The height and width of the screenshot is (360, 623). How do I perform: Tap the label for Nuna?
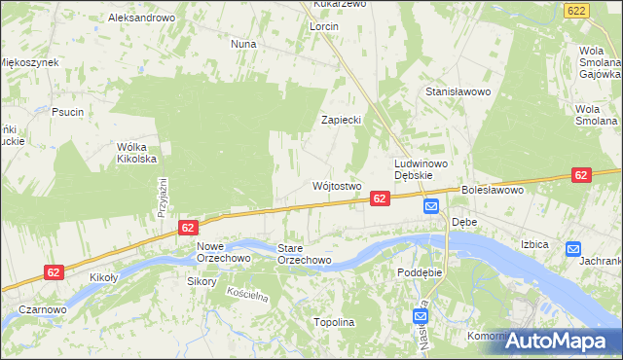point(242,44)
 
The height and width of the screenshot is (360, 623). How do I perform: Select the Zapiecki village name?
point(342,120)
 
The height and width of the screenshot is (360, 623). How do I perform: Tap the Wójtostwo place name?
point(337,185)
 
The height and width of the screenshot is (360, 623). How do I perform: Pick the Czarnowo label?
point(42,309)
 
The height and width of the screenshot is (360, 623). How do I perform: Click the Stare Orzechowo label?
point(304,254)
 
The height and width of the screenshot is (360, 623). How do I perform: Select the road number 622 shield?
point(575,9)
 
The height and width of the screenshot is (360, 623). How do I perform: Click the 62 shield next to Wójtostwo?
point(381,198)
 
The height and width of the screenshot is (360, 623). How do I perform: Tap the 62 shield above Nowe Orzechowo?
point(189,227)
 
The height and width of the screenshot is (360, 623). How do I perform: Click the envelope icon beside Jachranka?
point(572,249)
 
